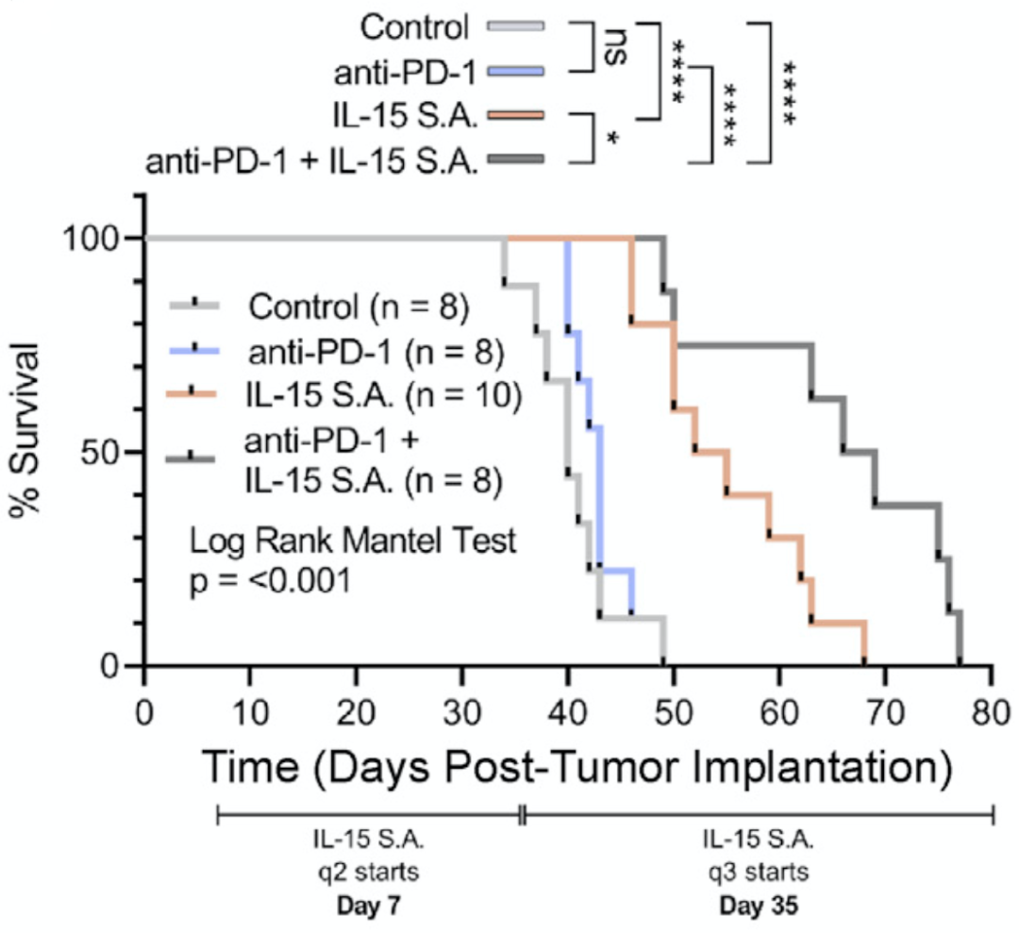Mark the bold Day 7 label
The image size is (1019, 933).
pyautogui.click(x=367, y=908)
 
